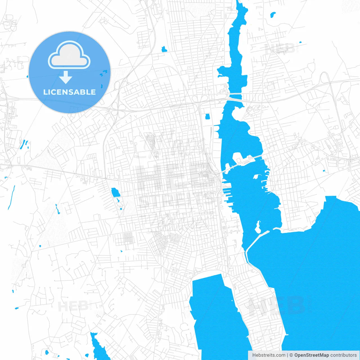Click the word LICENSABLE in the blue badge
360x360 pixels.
(x=69, y=92)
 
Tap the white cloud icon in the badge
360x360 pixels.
(x=69, y=55)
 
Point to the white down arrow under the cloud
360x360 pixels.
(x=66, y=77)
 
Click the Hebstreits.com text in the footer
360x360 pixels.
(x=269, y=355)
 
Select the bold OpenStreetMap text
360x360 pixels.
(x=311, y=355)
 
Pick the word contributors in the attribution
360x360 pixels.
(x=343, y=355)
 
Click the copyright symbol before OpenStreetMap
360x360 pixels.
(x=291, y=355)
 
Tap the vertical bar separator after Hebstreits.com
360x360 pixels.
(x=287, y=355)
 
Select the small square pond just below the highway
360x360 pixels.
(x=208, y=116)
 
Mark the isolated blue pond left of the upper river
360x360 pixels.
(x=164, y=49)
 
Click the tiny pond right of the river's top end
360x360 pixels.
(x=273, y=14)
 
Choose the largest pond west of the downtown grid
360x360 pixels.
(x=115, y=193)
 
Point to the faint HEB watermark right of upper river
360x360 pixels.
(x=280, y=49)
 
